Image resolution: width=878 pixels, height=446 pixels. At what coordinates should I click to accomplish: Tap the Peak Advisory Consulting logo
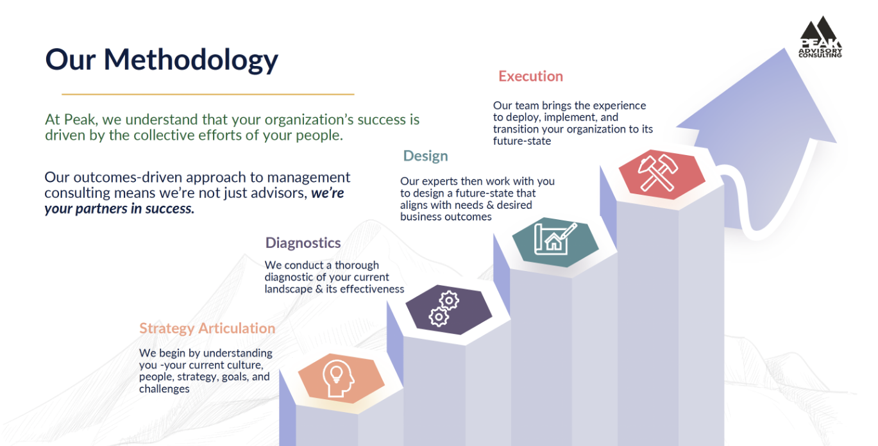click(x=820, y=37)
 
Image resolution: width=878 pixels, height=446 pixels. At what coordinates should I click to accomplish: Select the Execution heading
click(x=531, y=76)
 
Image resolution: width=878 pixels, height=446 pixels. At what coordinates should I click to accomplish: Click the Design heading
click(x=426, y=156)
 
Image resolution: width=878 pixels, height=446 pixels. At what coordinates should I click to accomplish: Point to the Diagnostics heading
click(x=303, y=243)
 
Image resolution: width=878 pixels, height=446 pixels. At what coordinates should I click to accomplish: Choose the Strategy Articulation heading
click(x=207, y=328)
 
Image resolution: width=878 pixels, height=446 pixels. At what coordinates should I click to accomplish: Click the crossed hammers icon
click(x=658, y=172)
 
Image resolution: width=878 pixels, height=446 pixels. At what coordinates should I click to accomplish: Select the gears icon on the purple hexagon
click(x=444, y=309)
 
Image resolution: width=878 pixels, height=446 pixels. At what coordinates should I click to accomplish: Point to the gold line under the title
click(x=208, y=94)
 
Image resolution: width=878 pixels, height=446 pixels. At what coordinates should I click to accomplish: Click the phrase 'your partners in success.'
click(x=119, y=209)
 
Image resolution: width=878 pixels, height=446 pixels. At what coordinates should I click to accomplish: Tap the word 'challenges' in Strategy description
click(x=164, y=389)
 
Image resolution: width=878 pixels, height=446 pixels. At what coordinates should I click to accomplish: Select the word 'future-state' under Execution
click(x=521, y=141)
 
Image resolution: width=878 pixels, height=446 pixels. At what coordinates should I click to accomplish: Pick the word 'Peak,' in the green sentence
click(x=81, y=119)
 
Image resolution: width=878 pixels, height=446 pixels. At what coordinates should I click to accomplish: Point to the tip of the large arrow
click(x=784, y=48)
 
